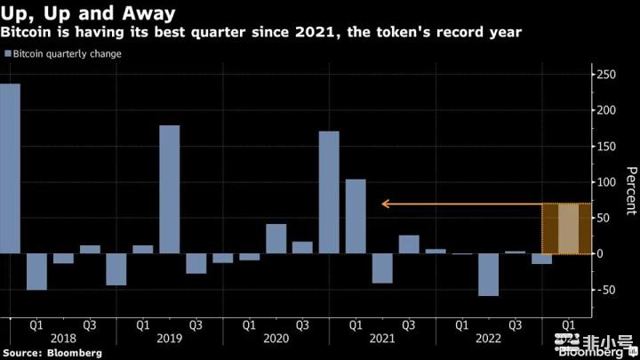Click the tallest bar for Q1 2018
coord(10,169)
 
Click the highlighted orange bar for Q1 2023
coord(569,229)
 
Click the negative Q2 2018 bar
coord(36,271)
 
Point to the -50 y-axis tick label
coord(607,290)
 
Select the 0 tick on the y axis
coord(601,254)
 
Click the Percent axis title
coord(630,190)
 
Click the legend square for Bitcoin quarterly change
coord(8,54)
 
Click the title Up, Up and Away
coord(87,13)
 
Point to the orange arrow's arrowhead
coord(384,204)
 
